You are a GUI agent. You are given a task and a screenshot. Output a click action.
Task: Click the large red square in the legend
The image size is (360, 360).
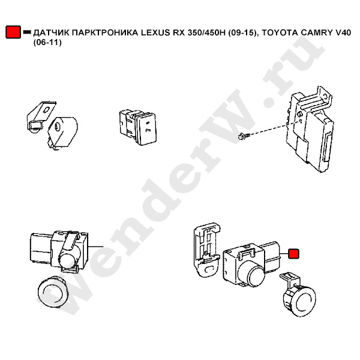point(13,32)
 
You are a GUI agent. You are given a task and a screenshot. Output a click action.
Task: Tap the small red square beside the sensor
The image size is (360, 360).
point(293,254)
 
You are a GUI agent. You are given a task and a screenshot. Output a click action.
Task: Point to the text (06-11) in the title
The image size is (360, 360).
point(47,43)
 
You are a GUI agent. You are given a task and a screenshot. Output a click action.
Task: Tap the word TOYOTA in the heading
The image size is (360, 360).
point(280,33)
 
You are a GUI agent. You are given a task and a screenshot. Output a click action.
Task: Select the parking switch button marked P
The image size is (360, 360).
point(138,127)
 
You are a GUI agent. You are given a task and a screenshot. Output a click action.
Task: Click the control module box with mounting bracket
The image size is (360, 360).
point(309,129)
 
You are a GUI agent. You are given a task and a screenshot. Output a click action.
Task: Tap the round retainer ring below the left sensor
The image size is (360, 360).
point(53,290)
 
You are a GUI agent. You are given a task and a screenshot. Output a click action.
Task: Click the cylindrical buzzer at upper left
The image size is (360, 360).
point(62,133)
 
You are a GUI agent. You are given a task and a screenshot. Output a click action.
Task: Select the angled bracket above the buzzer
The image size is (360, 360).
point(41,116)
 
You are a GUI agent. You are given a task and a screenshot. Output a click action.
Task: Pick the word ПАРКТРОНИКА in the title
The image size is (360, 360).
point(105,33)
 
